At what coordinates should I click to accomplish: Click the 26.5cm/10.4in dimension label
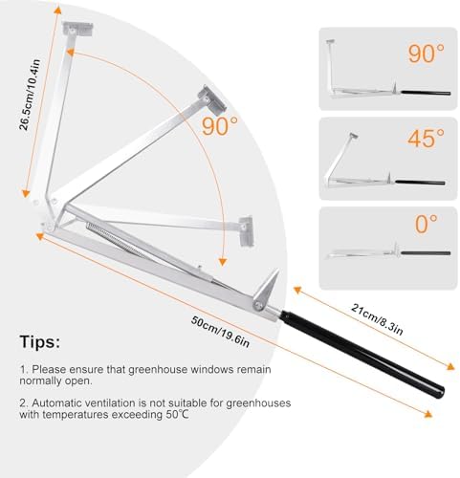30,95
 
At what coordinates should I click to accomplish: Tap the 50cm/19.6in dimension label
220,332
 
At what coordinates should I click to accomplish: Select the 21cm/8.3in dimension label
377,319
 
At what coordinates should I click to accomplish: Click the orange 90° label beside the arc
220,126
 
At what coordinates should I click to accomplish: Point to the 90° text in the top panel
427,54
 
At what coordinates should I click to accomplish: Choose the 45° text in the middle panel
426,139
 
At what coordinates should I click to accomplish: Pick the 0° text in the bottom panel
427,224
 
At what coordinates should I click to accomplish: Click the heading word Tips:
40,342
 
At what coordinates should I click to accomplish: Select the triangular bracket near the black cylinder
265,290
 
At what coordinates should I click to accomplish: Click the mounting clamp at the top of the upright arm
77,29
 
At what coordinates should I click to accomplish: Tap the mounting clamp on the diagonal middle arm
211,99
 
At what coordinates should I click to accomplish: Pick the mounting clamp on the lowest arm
247,231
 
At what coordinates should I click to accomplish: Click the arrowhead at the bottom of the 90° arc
223,262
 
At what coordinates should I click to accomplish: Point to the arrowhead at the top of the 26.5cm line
57,10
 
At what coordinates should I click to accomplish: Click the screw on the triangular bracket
258,306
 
